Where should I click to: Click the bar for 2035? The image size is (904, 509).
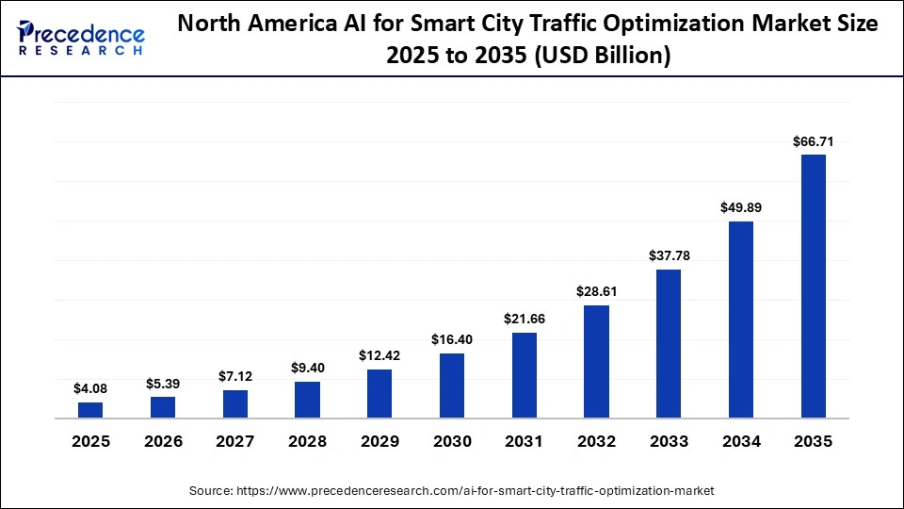pyautogui.click(x=813, y=286)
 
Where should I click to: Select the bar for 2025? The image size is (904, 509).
pyautogui.click(x=90, y=409)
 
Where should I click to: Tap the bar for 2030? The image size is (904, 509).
pyautogui.click(x=452, y=385)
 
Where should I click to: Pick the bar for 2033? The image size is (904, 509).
pyautogui.click(x=669, y=343)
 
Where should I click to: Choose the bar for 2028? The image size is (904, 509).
pyautogui.click(x=307, y=399)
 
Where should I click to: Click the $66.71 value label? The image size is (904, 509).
pyautogui.click(x=813, y=141)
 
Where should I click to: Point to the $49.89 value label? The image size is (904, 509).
pyautogui.click(x=741, y=207)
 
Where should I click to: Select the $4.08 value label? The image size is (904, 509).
pyautogui.click(x=90, y=388)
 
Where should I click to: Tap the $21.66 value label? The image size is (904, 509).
pyautogui.click(x=525, y=319)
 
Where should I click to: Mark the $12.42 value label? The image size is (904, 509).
pyautogui.click(x=379, y=355)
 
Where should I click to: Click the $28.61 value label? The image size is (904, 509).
pyautogui.click(x=596, y=291)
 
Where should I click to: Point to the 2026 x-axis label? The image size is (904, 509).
pyautogui.click(x=163, y=441)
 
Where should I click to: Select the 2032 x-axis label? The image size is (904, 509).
pyautogui.click(x=596, y=441)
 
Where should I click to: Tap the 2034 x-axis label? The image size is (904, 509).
pyautogui.click(x=741, y=441)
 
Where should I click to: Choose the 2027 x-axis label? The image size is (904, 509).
pyautogui.click(x=235, y=441)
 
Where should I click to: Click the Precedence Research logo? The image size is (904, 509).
pyautogui.click(x=80, y=39)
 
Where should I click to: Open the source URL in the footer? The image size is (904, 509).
pyautogui.click(x=475, y=491)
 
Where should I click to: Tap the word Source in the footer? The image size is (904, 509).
pyautogui.click(x=212, y=491)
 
